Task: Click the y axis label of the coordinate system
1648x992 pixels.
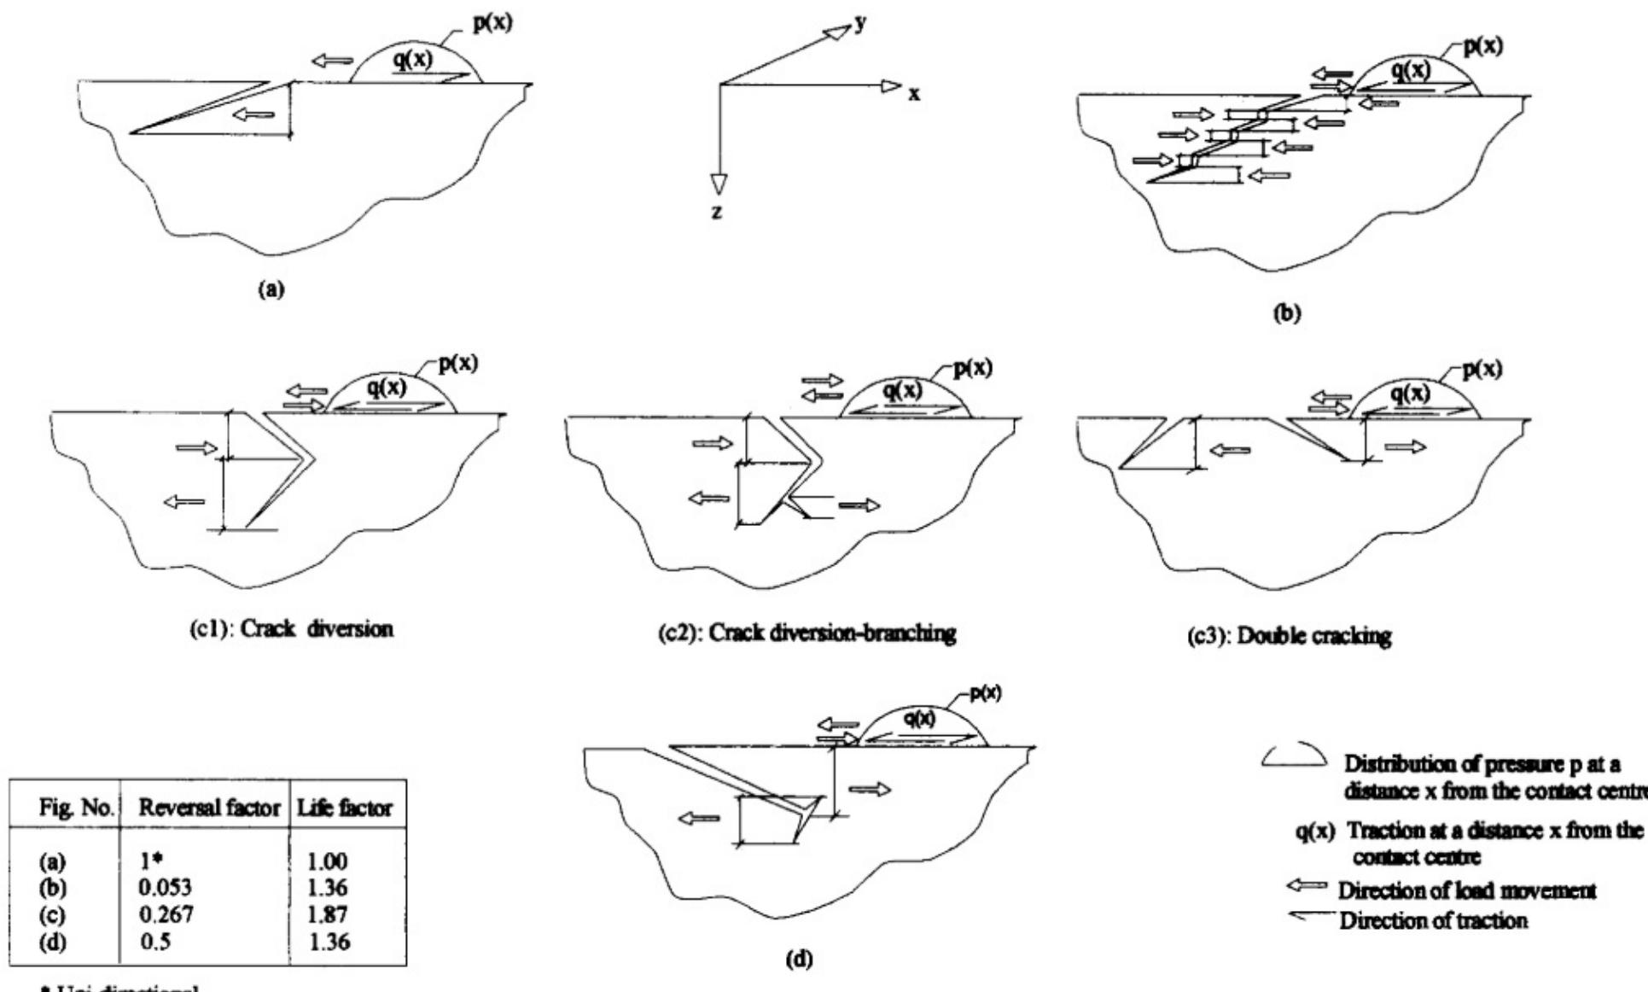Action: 859,23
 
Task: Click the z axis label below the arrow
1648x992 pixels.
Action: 716,212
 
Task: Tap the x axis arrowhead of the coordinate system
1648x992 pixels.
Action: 891,85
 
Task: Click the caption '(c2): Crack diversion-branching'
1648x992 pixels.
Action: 805,633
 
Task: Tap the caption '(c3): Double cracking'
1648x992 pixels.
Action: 1290,636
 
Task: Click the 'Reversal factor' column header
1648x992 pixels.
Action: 204,807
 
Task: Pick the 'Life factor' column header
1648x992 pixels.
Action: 345,807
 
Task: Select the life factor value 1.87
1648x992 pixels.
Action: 328,914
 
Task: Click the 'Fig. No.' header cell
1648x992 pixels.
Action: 76,807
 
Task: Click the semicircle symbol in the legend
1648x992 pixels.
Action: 1293,755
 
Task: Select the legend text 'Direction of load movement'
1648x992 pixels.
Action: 1466,890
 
